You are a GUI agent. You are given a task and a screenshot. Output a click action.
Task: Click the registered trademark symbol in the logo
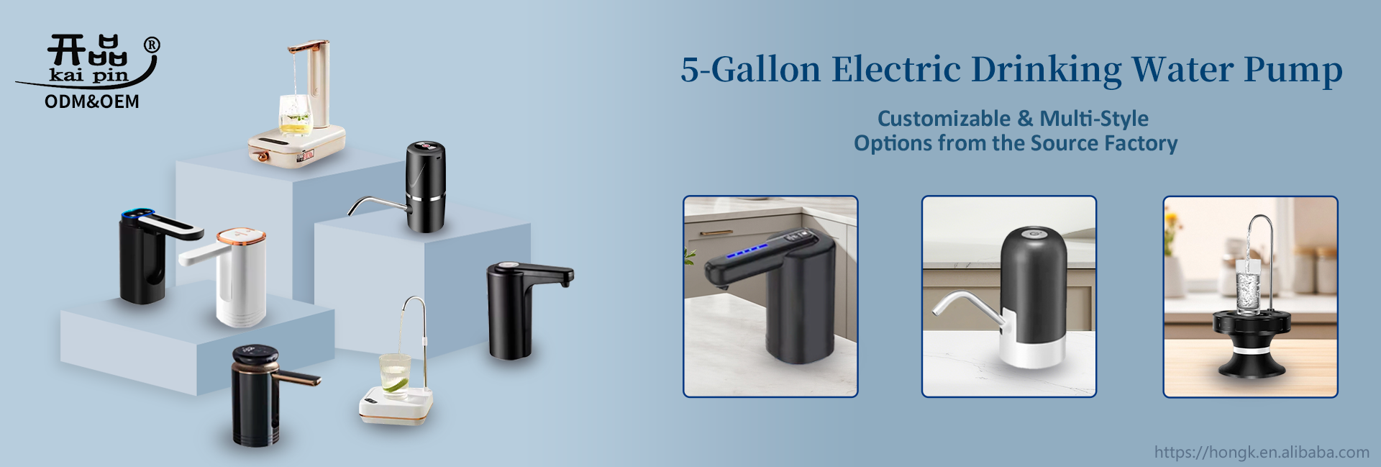click(152, 45)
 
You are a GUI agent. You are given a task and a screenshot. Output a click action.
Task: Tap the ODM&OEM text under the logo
click(92, 101)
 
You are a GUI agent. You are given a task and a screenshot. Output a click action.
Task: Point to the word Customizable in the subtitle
click(944, 118)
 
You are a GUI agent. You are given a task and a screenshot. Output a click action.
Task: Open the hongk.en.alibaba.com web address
click(1262, 452)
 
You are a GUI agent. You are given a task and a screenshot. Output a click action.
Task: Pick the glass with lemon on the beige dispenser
click(296, 116)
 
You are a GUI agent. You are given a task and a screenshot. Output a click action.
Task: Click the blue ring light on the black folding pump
click(137, 214)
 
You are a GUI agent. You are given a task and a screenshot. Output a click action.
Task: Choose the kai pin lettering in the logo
click(88, 75)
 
